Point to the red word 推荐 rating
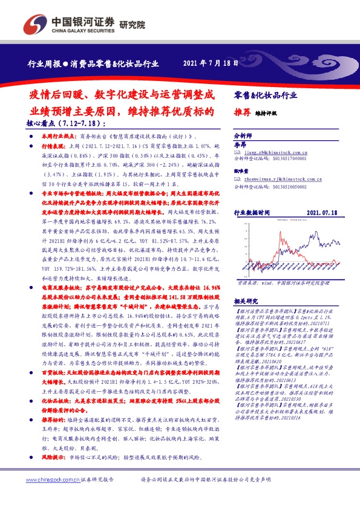241,112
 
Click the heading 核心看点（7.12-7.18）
56,123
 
